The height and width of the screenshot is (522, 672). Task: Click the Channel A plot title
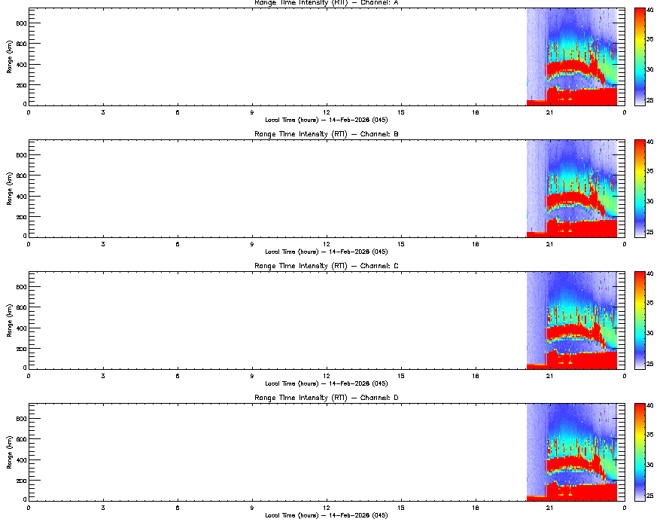[x=326, y=3]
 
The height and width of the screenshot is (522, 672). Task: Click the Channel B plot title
[x=326, y=134]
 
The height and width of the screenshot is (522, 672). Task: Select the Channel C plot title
[x=326, y=266]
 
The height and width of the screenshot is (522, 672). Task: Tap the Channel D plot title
[x=326, y=398]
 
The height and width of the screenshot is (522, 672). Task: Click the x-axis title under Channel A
[x=326, y=120]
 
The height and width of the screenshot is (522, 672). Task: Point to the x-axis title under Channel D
[x=326, y=515]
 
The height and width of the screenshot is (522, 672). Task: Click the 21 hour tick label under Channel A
[x=550, y=112]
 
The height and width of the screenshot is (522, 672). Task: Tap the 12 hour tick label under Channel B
[x=327, y=244]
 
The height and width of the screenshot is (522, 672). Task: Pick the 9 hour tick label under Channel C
[x=252, y=376]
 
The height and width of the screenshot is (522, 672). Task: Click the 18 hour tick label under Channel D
[x=476, y=508]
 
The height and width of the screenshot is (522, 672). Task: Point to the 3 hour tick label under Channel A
[x=103, y=112]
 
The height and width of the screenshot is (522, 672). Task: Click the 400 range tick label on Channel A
[x=20, y=64]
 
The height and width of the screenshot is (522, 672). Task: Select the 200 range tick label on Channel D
[x=20, y=480]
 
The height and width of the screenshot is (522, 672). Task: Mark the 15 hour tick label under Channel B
[x=401, y=244]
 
